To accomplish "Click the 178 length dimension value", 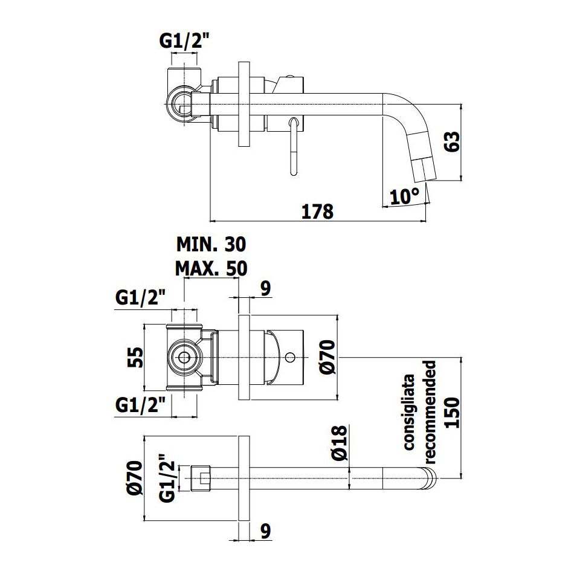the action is pos(317,211).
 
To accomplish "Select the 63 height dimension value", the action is pos(452,141).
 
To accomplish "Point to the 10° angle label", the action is pos(404,197).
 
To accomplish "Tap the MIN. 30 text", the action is pos(211,244).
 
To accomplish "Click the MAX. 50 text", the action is pos(211,268).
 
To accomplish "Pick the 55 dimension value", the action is pos(135,357).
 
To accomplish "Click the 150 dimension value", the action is pos(452,413).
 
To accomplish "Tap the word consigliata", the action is pos(408,412).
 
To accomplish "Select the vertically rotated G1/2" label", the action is pos(167,478).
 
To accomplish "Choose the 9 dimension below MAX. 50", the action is pos(266,288).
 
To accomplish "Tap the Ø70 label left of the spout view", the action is pos(135,478).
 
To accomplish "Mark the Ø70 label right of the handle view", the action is pos(327,357).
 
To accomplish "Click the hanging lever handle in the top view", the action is pos(294,146).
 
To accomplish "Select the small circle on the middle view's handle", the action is pos(290,357).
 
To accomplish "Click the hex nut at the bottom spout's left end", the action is pos(201,478).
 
